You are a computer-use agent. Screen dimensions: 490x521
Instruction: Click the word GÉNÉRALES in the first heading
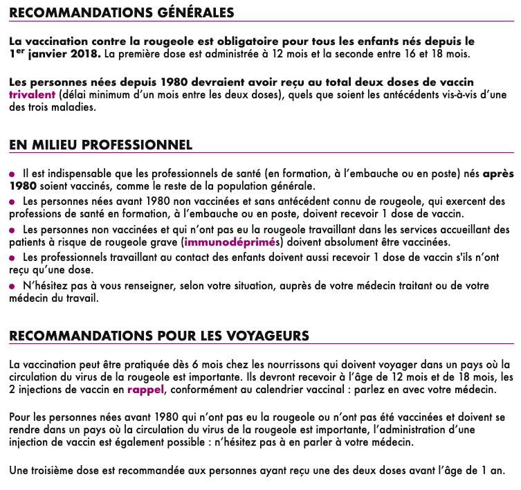[189, 13]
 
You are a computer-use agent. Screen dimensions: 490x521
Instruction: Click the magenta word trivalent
[32, 95]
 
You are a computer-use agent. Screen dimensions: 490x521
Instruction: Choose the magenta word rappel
[145, 390]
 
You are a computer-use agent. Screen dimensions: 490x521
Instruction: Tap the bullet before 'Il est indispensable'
[12, 173]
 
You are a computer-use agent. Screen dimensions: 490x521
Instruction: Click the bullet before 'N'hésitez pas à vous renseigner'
[12, 286]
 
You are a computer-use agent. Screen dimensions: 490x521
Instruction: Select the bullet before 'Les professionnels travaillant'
[12, 257]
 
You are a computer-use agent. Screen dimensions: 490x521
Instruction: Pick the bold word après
[498, 173]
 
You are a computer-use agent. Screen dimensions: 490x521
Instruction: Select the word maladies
[73, 107]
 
